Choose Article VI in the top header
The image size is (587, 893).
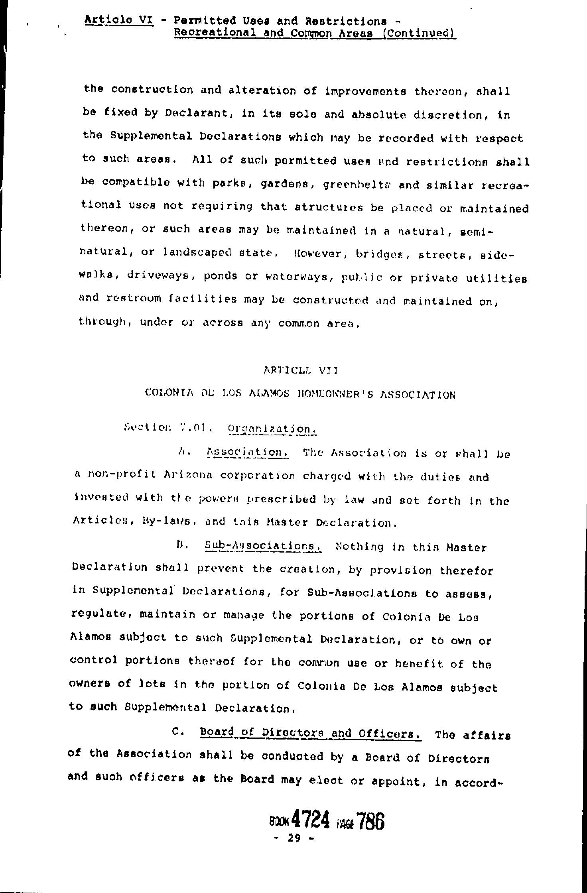click(x=119, y=20)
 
